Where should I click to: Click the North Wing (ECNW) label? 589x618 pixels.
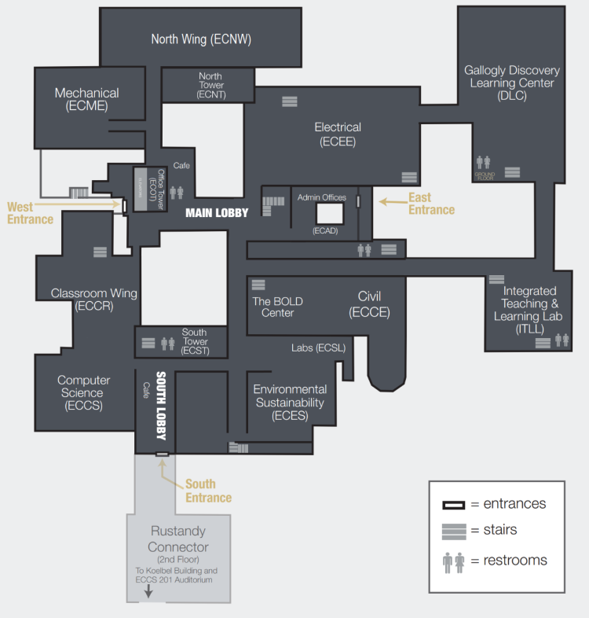[x=201, y=39]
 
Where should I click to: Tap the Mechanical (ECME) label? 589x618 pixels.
[x=86, y=99]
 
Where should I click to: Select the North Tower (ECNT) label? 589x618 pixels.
[x=210, y=85]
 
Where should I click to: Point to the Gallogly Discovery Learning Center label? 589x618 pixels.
[x=509, y=83]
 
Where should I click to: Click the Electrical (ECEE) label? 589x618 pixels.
[x=338, y=134]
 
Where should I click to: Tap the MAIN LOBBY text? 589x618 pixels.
[x=217, y=212]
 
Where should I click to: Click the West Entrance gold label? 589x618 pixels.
[x=31, y=213]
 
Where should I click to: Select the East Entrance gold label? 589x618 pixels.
[x=431, y=204]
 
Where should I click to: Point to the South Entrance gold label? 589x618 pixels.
[x=208, y=491]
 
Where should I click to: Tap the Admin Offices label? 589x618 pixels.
[x=321, y=197]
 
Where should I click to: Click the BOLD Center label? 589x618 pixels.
[x=277, y=307]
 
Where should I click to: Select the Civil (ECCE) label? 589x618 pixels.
[x=369, y=303]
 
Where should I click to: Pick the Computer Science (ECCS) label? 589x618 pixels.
[x=83, y=392]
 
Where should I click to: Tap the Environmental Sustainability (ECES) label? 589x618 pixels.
[x=289, y=403]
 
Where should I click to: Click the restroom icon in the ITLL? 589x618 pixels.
[x=562, y=340]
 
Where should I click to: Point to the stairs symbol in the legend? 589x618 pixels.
[x=454, y=531]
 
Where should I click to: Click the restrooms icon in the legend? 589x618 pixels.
[x=454, y=561]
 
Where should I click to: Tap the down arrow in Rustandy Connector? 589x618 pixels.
[x=148, y=591]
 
